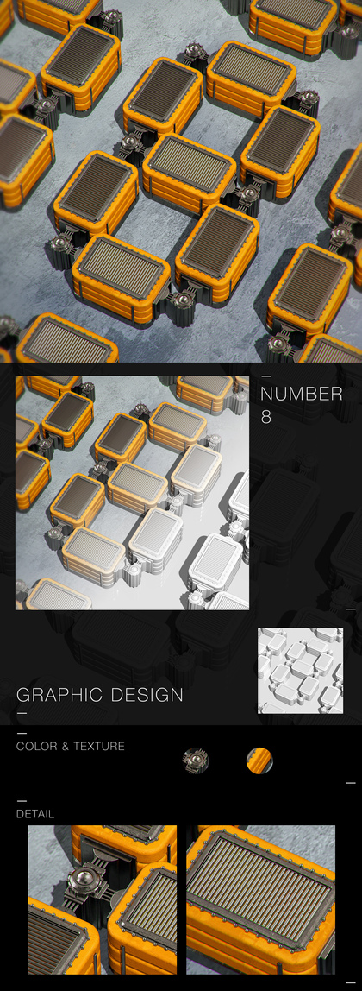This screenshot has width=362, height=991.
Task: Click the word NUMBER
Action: [x=302, y=395]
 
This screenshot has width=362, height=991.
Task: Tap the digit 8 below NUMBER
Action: [x=266, y=417]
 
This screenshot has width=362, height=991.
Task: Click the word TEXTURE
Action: [x=99, y=747]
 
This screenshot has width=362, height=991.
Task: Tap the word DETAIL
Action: [x=35, y=814]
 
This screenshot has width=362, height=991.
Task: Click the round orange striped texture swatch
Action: [x=259, y=760]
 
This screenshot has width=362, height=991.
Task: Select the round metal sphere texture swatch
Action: [x=196, y=760]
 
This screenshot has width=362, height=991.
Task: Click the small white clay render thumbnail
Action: [x=301, y=671]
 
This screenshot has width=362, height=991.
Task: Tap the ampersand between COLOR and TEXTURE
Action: [x=66, y=747]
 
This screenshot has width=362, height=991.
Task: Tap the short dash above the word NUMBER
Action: [x=266, y=376]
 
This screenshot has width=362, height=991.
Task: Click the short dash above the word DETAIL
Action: [x=21, y=801]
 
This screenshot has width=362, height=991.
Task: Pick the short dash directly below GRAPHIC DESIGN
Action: [x=22, y=713]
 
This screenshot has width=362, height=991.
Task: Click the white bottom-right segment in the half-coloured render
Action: [x=215, y=563]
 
